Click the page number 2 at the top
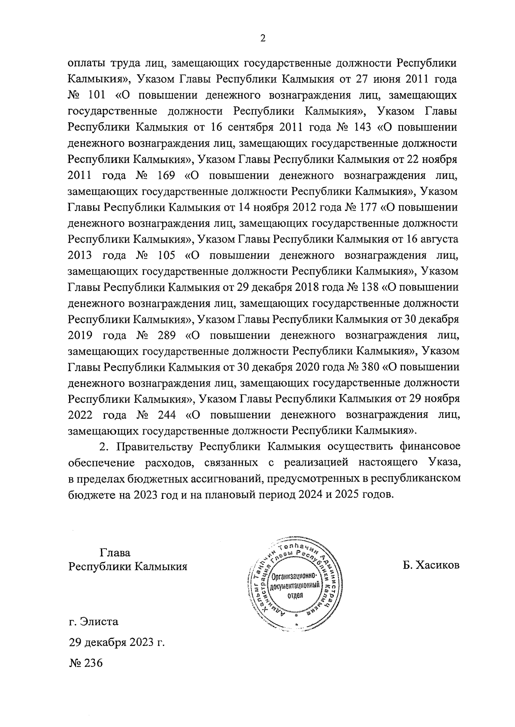(x=263, y=39)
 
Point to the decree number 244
(x=165, y=415)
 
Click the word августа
(x=437, y=239)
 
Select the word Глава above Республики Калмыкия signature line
(x=115, y=553)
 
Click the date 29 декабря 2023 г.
(x=117, y=643)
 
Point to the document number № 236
(x=86, y=663)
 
